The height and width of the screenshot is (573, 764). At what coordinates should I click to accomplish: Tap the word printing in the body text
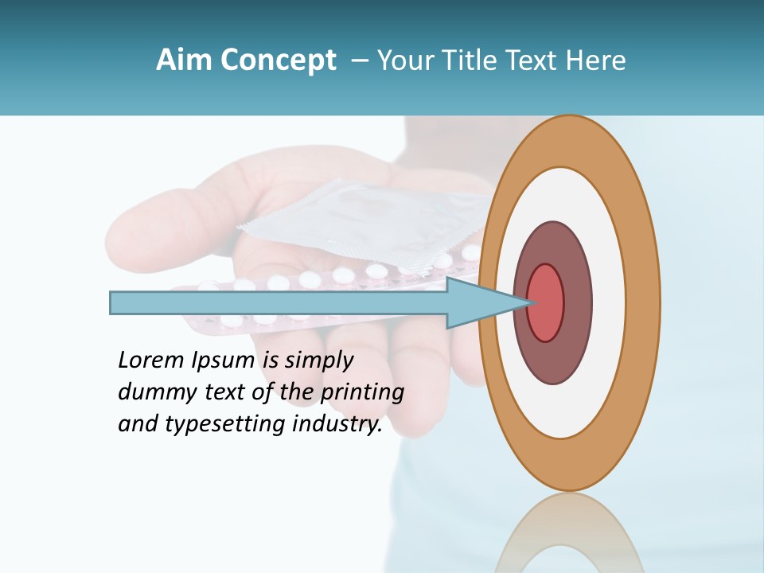click(362, 393)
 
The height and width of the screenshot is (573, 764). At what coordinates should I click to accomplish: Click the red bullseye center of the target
click(547, 303)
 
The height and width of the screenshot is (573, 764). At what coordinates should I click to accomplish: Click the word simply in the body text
click(319, 361)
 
